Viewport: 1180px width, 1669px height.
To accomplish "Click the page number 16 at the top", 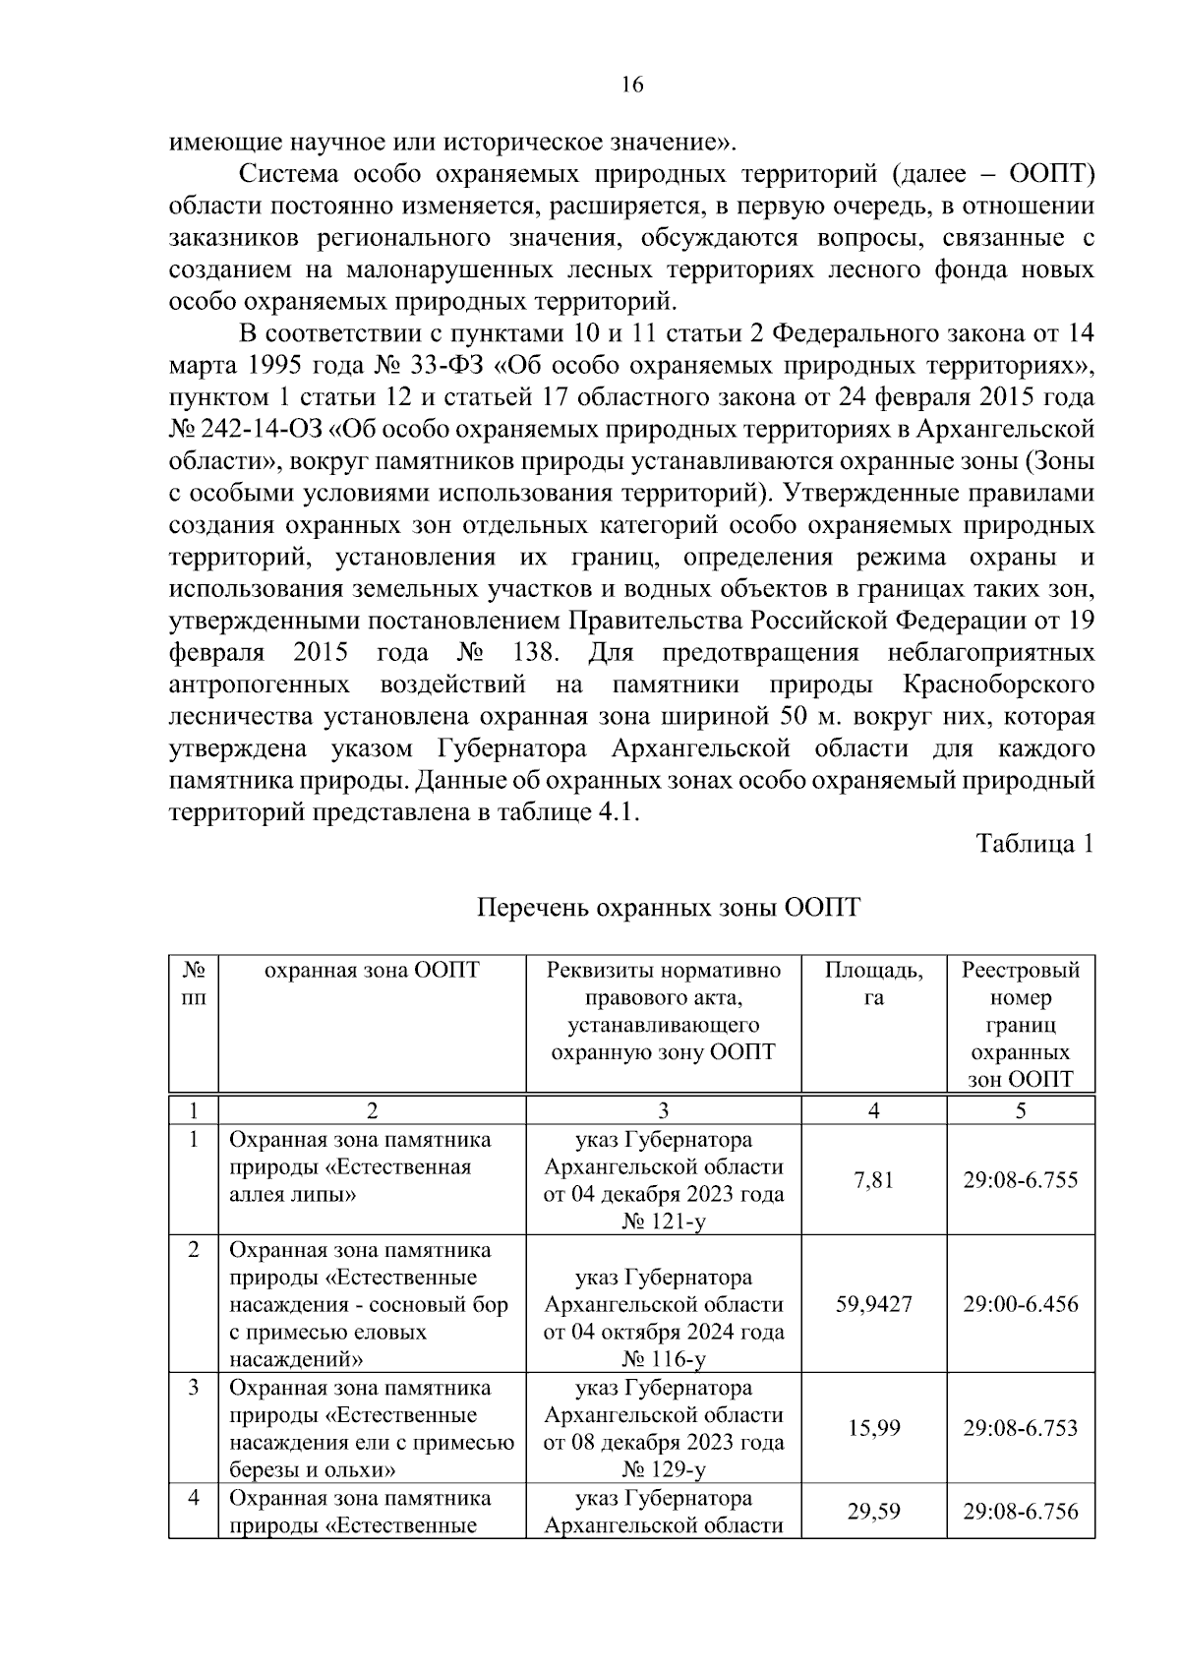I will click(x=632, y=86).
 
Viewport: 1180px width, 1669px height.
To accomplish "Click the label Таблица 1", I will click(x=1034, y=844).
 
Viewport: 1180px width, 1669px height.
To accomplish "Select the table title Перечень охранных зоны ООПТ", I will click(x=669, y=907).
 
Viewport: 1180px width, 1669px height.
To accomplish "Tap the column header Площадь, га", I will click(x=873, y=984).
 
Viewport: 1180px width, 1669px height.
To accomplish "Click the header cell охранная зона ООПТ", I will click(x=372, y=971).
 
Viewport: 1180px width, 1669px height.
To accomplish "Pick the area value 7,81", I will click(x=873, y=1179).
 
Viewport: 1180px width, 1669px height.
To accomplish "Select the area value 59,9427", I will click(x=873, y=1304).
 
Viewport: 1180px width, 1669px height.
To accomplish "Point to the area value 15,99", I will click(x=873, y=1428).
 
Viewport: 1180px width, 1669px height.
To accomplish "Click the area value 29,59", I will click(x=873, y=1511).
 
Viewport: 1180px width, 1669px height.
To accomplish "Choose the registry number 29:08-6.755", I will click(x=1020, y=1179).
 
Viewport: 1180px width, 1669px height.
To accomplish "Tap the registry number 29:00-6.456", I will click(x=1020, y=1304).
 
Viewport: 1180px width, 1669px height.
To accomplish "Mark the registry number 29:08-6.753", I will click(x=1020, y=1428).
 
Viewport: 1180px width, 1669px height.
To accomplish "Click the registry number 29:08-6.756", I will click(x=1020, y=1511).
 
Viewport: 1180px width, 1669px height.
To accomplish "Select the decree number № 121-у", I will click(x=664, y=1222).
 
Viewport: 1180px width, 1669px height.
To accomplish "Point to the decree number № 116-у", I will click(x=664, y=1359).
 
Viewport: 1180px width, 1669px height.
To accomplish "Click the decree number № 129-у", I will click(x=664, y=1470).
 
